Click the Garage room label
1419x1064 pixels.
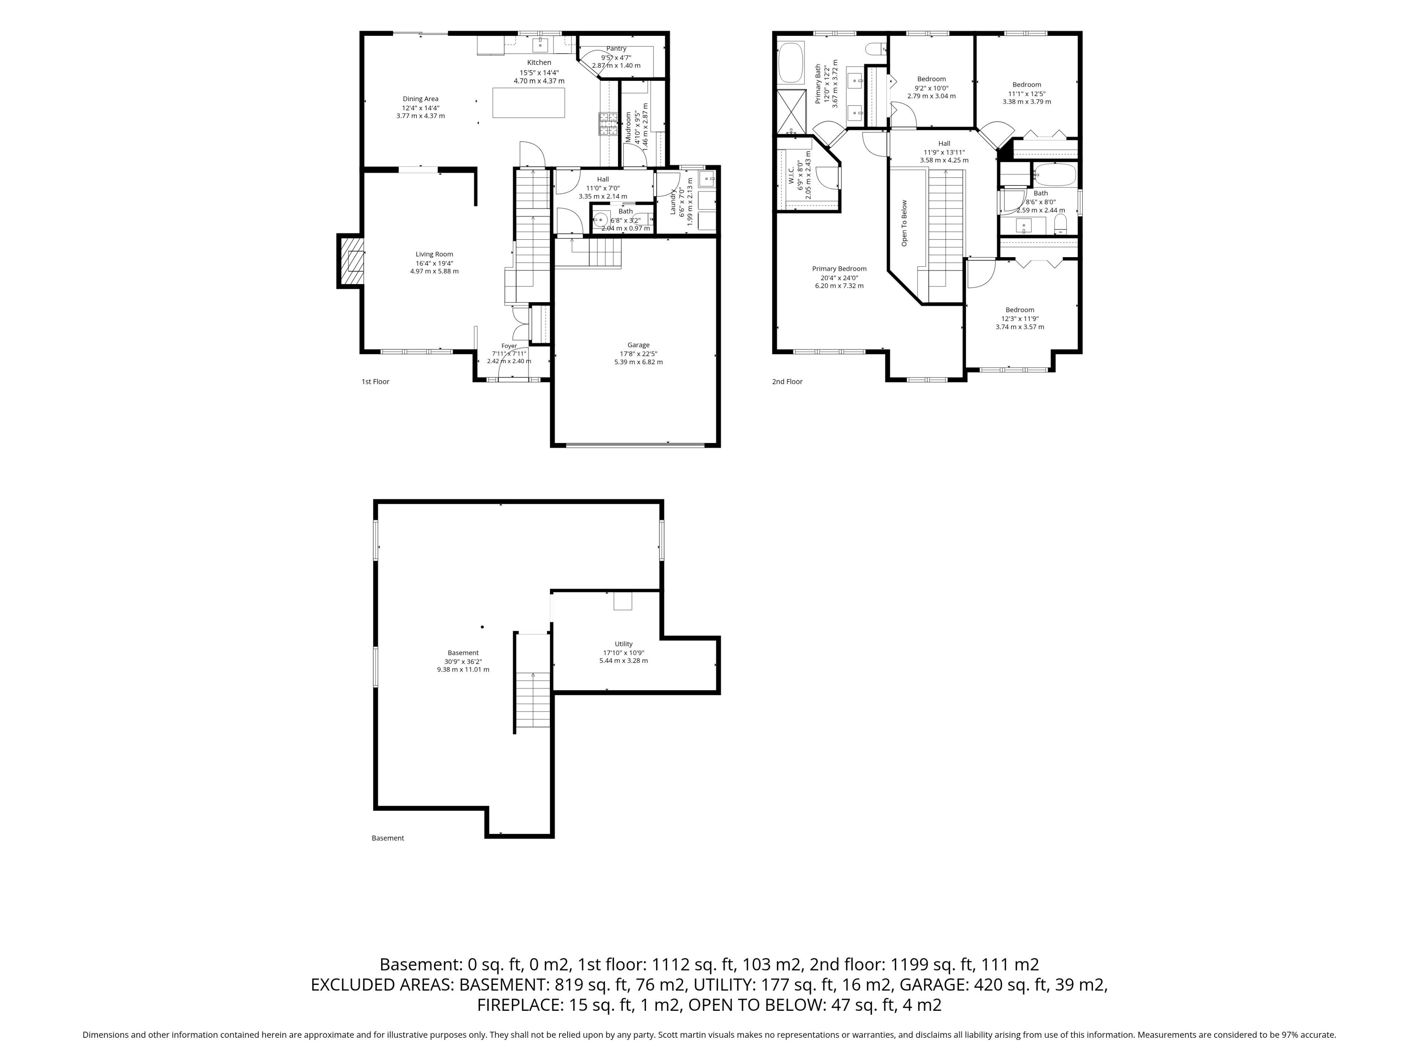point(638,345)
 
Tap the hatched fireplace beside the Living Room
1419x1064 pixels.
point(351,262)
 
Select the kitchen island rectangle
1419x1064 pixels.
point(528,103)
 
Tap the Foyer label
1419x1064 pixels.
point(509,346)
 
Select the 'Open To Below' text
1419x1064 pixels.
point(905,223)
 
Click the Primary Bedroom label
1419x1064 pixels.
point(839,269)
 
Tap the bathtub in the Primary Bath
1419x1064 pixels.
point(790,63)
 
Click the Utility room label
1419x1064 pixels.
point(623,644)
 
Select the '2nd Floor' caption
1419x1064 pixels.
point(787,382)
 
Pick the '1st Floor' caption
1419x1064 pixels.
point(375,382)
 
